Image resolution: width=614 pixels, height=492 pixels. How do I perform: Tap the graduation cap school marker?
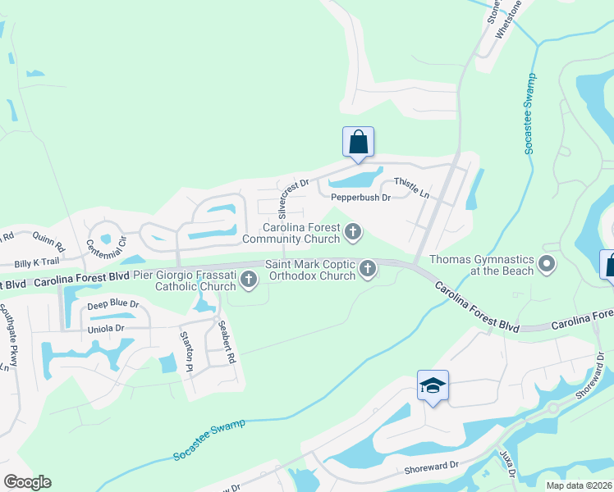point(433,385)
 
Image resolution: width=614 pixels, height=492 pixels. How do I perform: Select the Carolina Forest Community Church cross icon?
point(353,232)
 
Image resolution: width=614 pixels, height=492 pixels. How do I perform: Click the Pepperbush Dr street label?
point(360,198)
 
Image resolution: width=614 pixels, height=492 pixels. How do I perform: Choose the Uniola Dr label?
point(107,328)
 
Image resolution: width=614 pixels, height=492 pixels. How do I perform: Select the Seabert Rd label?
point(227,342)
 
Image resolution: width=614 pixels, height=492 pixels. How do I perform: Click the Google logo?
point(27,482)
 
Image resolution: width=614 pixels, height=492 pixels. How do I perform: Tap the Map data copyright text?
point(579,485)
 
